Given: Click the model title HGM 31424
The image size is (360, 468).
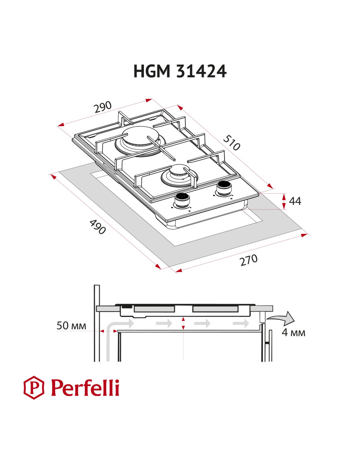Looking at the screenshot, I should tap(180, 71).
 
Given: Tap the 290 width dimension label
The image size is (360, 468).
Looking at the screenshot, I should tap(103, 108).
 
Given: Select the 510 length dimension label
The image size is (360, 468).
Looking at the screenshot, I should tap(231, 143).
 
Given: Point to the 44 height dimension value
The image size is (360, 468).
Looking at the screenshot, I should tap(295, 201).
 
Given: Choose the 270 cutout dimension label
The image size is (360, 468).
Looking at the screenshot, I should tap(248, 260).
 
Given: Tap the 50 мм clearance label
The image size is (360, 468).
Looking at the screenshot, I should tap(71, 326).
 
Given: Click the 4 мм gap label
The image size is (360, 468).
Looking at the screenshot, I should tap(293, 332).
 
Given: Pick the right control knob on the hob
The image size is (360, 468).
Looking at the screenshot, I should tap(223, 188).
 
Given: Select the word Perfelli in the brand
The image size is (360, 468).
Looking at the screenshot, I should tap(85, 387).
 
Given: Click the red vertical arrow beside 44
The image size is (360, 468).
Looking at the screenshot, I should tap(284, 201).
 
